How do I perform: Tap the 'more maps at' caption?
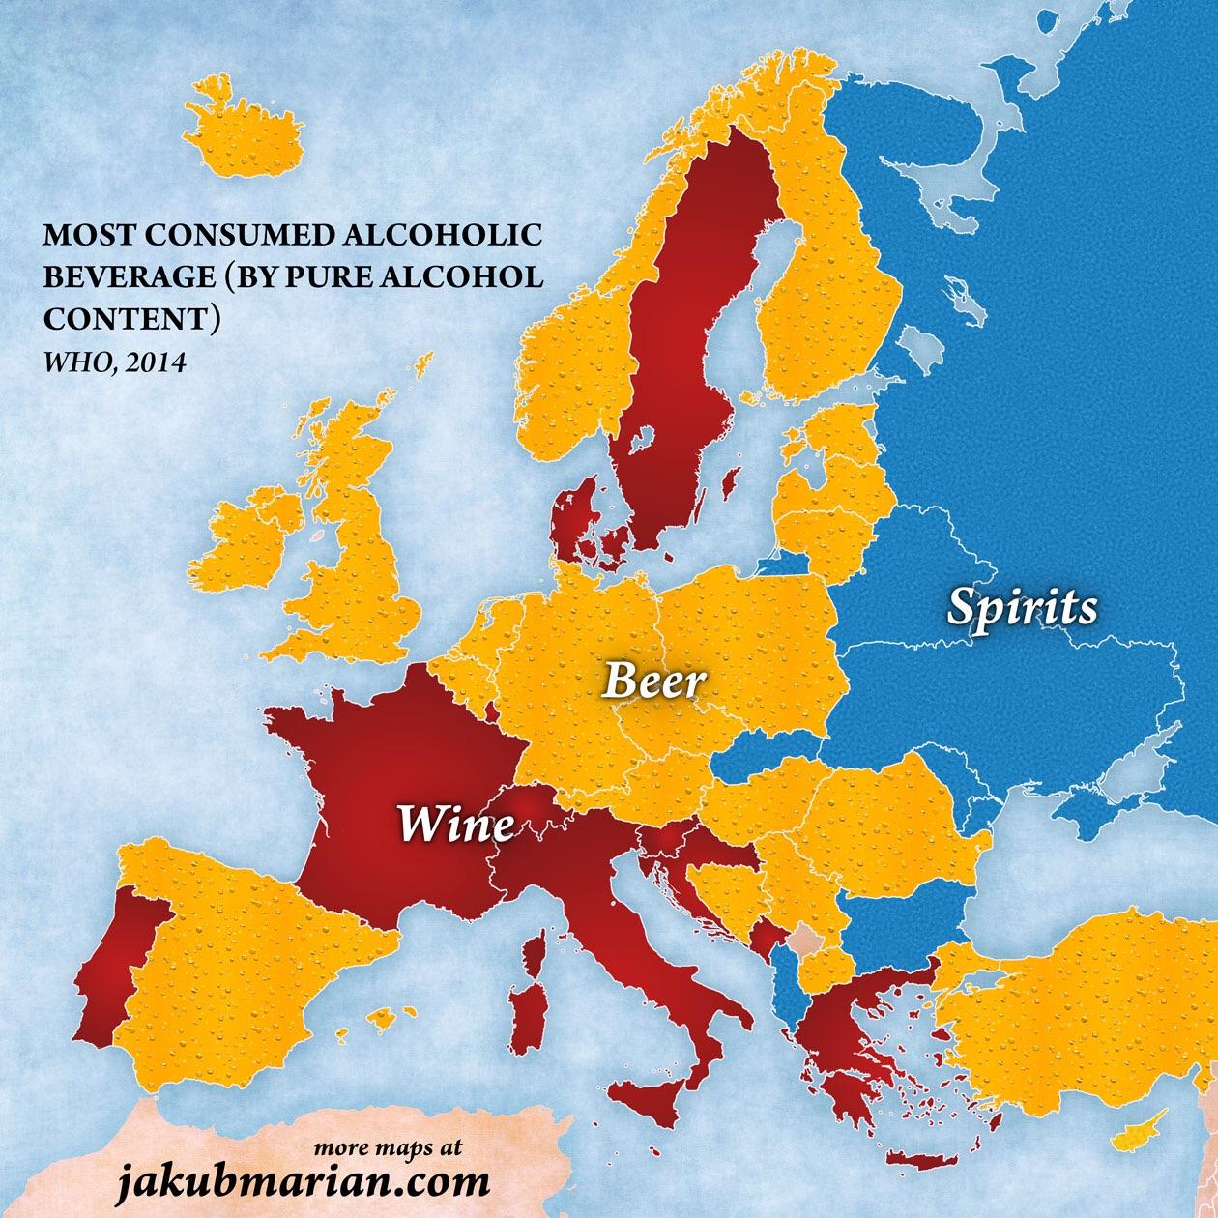(388, 1149)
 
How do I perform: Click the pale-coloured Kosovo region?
(803, 940)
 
